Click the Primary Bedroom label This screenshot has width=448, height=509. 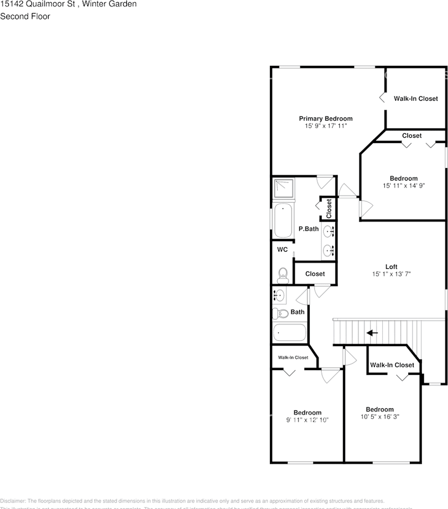(x=326, y=119)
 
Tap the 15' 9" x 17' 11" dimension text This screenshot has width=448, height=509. (x=326, y=126)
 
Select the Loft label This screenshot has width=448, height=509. (x=391, y=267)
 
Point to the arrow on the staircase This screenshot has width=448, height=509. (x=372, y=333)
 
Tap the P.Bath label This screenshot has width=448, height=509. (x=308, y=229)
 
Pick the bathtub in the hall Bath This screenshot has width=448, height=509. (x=289, y=334)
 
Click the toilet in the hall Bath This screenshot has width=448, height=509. (x=281, y=313)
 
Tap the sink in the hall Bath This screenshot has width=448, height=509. (x=279, y=295)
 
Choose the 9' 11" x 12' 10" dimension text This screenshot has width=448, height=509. (x=308, y=420)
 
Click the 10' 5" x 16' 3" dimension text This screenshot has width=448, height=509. (x=379, y=417)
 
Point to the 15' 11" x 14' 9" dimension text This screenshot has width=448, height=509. (x=403, y=186)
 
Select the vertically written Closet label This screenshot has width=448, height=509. (x=329, y=208)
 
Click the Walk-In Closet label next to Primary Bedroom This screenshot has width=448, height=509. (x=416, y=99)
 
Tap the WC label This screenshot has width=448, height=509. (x=282, y=249)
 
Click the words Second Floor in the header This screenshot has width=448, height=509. (x=25, y=16)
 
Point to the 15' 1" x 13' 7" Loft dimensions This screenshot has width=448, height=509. (x=391, y=274)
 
